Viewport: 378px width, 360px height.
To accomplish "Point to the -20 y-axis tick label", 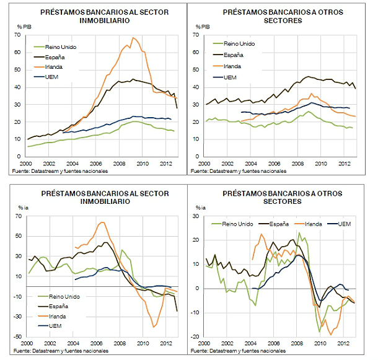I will pos(198,336).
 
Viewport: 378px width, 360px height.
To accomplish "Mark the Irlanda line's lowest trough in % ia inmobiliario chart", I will pos(152,327).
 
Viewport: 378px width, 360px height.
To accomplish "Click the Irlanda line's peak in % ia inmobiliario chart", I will pos(102,222).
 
